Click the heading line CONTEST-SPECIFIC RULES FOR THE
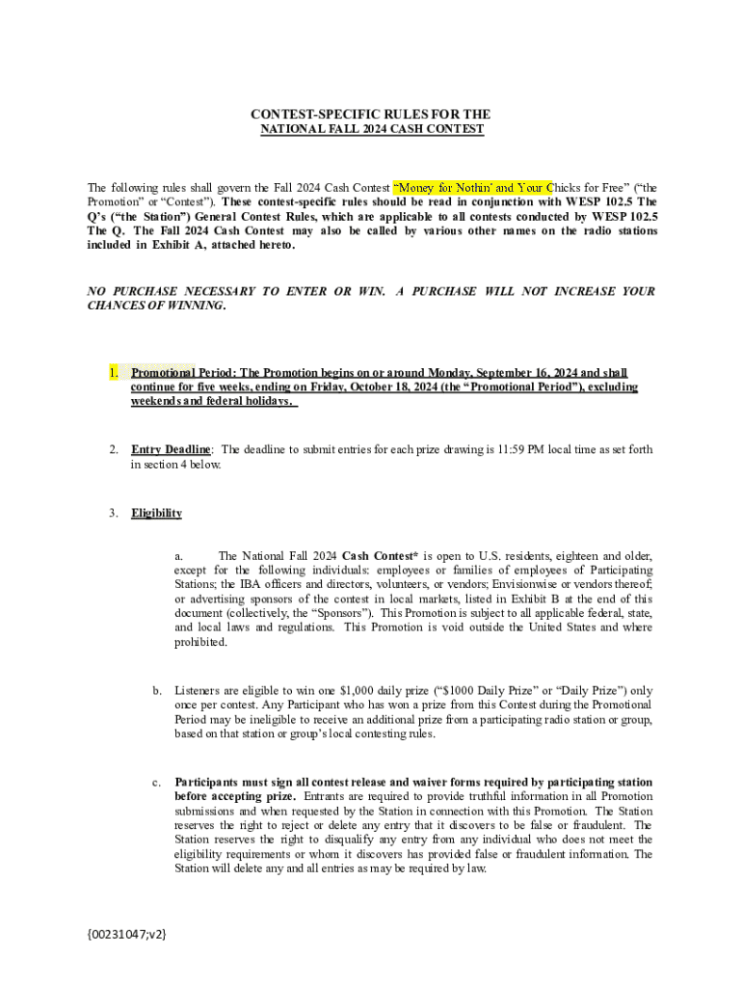point(371,115)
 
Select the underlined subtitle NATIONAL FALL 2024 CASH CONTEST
point(372,129)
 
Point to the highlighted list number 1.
point(113,372)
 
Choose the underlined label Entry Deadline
point(171,449)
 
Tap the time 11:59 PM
point(516,449)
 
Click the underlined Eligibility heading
point(156,513)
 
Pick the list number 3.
point(113,513)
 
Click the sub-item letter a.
point(178,556)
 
